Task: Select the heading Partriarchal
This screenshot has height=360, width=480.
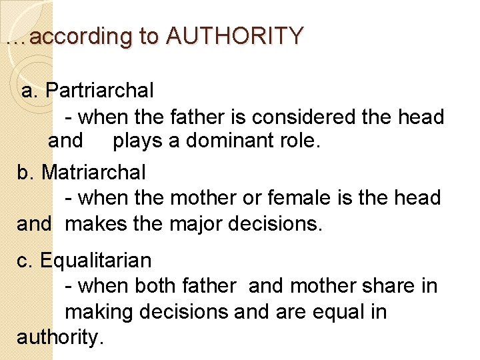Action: click(x=100, y=89)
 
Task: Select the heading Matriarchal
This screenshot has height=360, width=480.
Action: click(x=93, y=172)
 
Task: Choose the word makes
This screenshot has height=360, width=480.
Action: click(x=95, y=224)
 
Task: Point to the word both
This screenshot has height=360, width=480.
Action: click(x=156, y=285)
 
